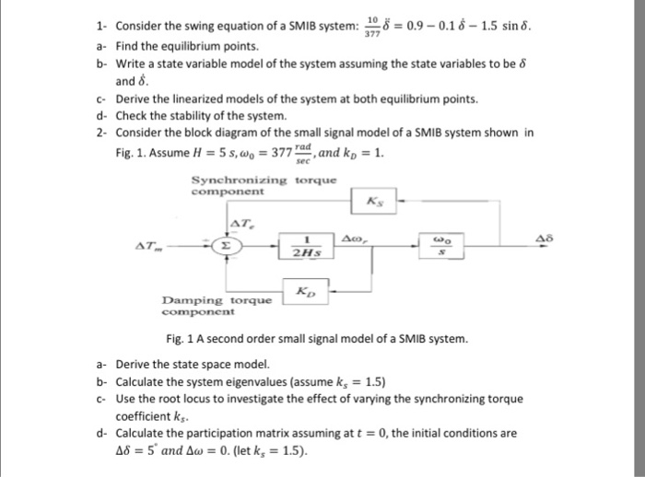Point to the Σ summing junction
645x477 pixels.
227,246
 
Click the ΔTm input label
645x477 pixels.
147,246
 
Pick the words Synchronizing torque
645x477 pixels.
244,180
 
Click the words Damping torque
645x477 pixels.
217,300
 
